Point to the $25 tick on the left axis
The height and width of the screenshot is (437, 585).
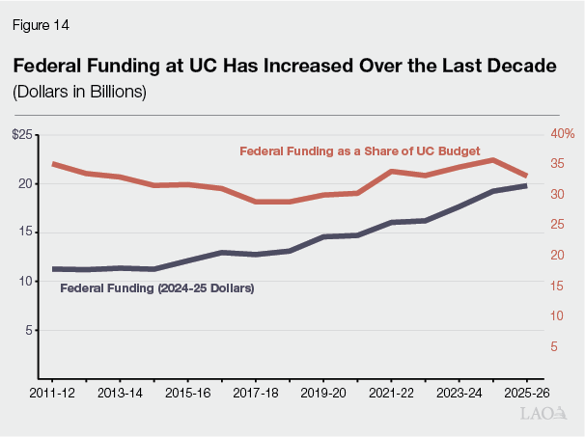[22, 134]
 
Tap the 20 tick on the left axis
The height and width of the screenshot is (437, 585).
[25, 183]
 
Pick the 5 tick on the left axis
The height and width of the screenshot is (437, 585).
[29, 330]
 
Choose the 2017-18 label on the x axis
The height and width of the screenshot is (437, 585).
[256, 395]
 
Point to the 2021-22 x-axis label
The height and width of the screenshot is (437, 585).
[391, 395]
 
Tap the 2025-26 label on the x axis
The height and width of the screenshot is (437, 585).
[527, 395]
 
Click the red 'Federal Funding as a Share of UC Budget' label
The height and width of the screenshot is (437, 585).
[359, 150]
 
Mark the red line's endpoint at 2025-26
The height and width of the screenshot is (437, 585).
[527, 175]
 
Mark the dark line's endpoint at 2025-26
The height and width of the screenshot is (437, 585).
[527, 185]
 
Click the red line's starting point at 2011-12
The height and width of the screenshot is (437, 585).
[53, 164]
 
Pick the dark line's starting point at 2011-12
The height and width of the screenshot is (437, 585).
[53, 269]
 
